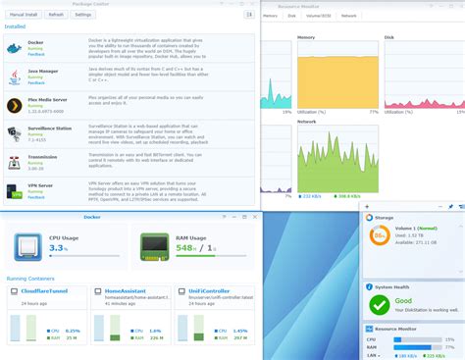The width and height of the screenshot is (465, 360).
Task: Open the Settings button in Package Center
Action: [x=83, y=15]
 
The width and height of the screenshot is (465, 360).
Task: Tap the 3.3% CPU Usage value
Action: [x=59, y=249]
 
